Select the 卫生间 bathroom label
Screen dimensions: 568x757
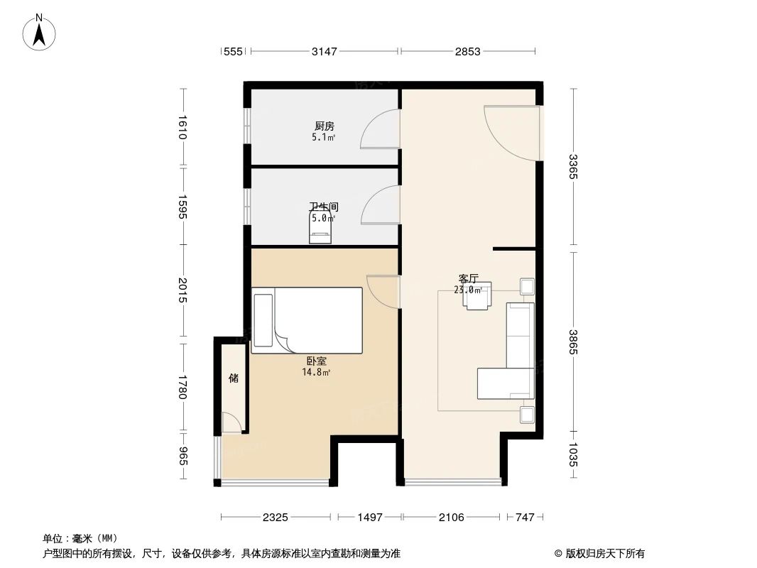(x=323, y=207)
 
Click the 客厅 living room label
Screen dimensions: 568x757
(x=468, y=279)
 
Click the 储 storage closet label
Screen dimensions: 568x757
(x=233, y=378)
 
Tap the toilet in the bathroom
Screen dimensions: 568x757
(x=320, y=229)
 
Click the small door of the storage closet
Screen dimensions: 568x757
(x=231, y=422)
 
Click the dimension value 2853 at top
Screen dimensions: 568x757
(x=468, y=51)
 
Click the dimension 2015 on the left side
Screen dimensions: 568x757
(x=183, y=291)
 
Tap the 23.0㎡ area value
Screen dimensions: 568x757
(x=468, y=290)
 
